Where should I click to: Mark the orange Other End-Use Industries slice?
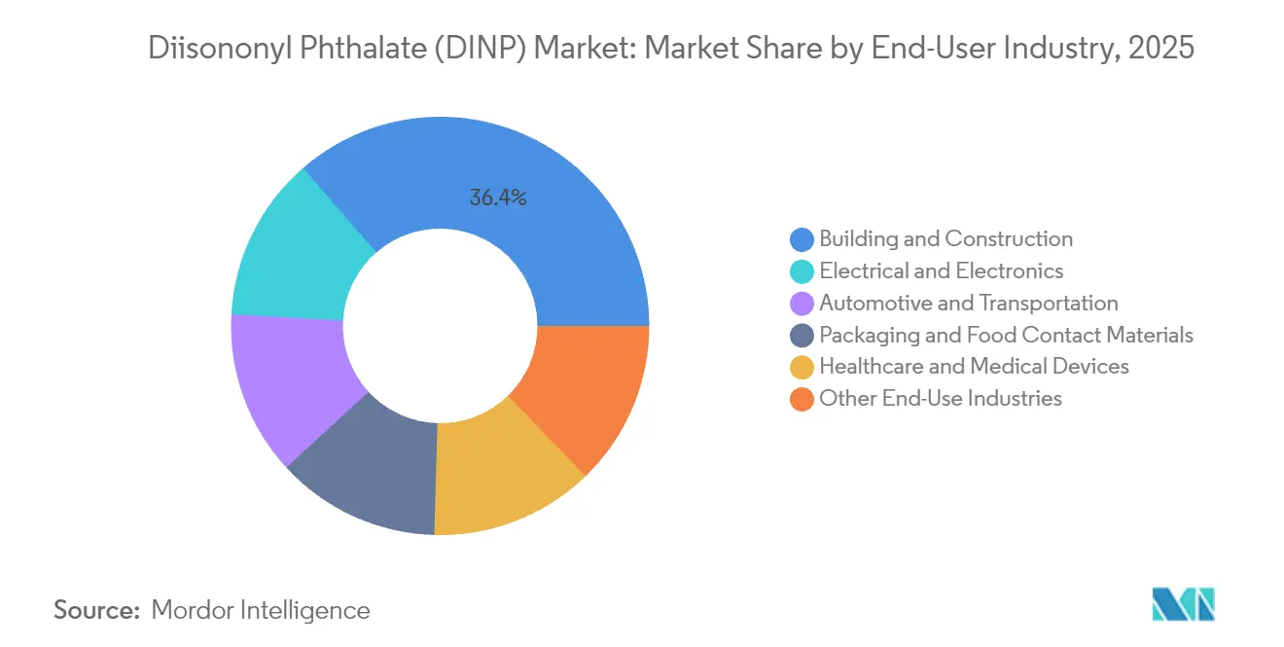584,389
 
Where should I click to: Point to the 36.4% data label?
498,198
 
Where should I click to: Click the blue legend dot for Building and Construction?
802,239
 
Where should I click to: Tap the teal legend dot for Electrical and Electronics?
802,271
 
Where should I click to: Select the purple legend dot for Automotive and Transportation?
802,304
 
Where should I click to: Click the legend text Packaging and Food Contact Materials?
1006,336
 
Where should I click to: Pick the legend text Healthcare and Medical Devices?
974,367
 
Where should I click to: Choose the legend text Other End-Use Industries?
941,399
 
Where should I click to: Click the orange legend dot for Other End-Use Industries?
802,399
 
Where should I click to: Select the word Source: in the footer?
97,611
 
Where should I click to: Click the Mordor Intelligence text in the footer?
261,611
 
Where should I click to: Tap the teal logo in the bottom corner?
1183,605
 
